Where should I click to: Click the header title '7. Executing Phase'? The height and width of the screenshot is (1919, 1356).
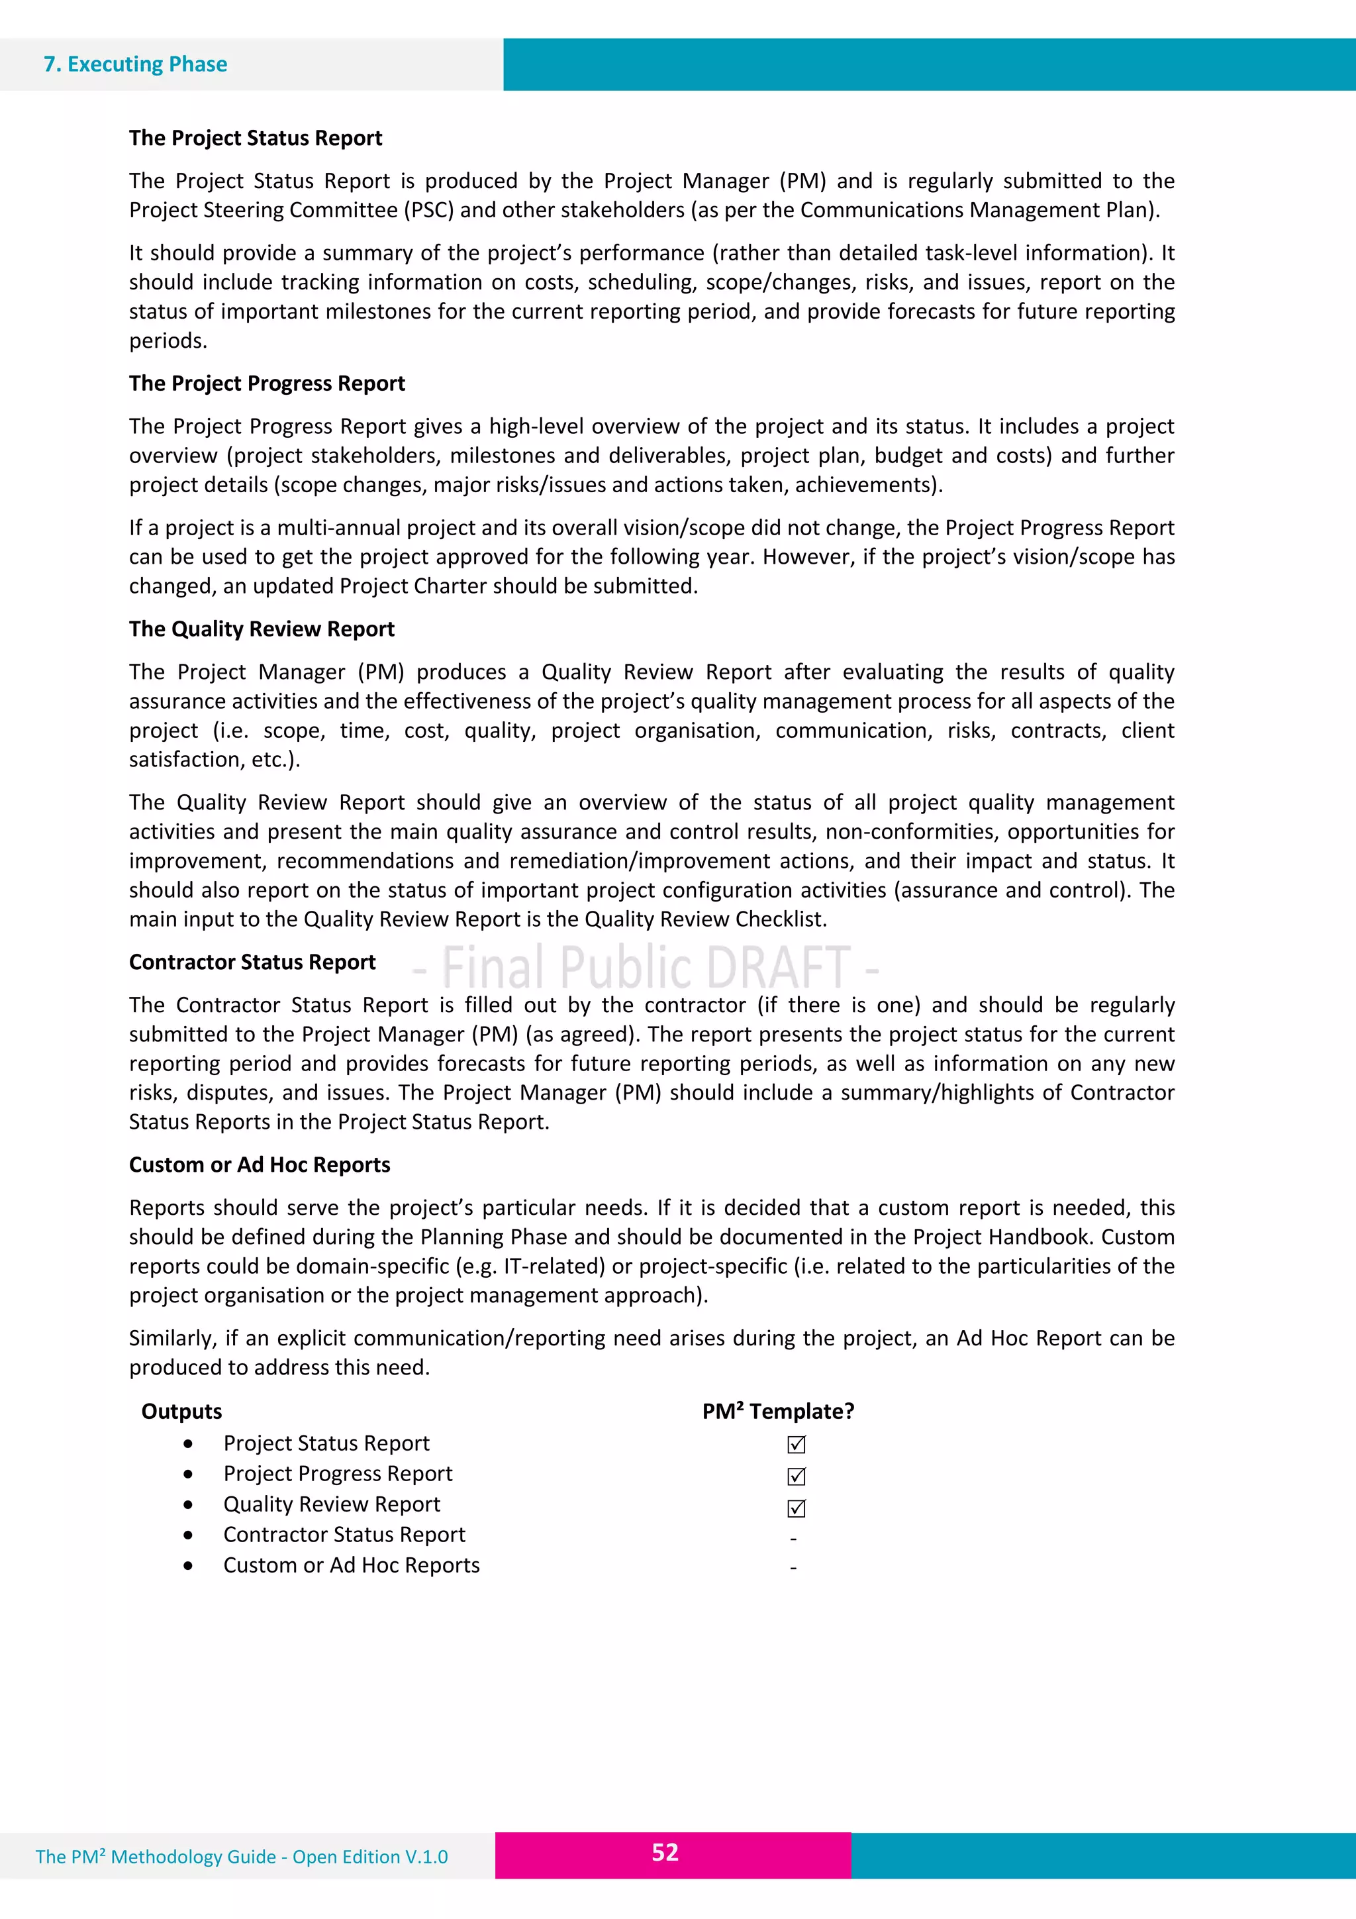(135, 64)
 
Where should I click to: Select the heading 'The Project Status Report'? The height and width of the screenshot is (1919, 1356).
(255, 138)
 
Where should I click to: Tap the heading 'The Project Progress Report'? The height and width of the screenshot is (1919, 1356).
(267, 384)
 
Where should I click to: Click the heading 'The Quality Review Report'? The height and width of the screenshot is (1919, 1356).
(262, 629)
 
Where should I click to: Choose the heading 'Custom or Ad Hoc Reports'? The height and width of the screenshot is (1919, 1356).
(259, 1165)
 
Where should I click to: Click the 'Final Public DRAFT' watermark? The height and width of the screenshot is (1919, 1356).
(645, 968)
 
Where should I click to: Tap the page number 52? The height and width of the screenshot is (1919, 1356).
(665, 1852)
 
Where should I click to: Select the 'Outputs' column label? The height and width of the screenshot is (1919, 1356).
(181, 1412)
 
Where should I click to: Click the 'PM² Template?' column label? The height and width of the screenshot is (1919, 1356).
(778, 1412)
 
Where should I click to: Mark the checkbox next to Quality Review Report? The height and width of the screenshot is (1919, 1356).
(797, 1508)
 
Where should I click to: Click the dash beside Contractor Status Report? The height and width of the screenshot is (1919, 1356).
(793, 1539)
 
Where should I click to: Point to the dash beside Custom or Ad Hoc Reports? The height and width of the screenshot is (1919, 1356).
(793, 1569)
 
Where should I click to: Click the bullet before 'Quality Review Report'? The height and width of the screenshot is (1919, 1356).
(189, 1504)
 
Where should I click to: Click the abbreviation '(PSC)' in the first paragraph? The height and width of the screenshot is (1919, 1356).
(428, 210)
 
